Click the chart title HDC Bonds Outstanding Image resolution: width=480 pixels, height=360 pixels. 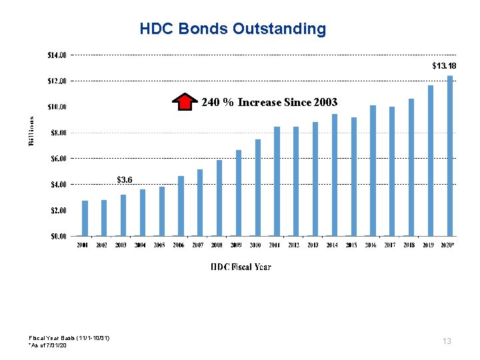(x=233, y=29)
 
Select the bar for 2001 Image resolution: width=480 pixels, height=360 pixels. (x=85, y=218)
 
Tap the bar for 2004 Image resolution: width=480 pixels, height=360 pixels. (x=143, y=213)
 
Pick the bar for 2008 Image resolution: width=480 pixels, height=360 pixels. (x=219, y=198)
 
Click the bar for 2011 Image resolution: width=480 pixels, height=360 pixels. (x=277, y=181)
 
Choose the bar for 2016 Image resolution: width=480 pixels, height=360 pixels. (x=373, y=171)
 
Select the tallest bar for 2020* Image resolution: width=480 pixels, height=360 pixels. (x=450, y=156)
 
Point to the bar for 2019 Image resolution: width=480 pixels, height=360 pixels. (x=431, y=161)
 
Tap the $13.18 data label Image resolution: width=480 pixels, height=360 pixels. (x=444, y=66)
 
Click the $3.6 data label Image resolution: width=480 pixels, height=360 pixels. (x=125, y=179)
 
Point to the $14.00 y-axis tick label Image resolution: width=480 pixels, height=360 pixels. (x=57, y=55)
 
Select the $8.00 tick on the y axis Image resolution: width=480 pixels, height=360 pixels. (x=57, y=133)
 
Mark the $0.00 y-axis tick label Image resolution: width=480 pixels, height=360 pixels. (x=57, y=236)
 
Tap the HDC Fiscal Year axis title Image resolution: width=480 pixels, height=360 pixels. (x=241, y=267)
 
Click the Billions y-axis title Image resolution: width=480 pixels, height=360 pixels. (x=31, y=130)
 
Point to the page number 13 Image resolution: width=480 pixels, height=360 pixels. (x=447, y=341)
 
